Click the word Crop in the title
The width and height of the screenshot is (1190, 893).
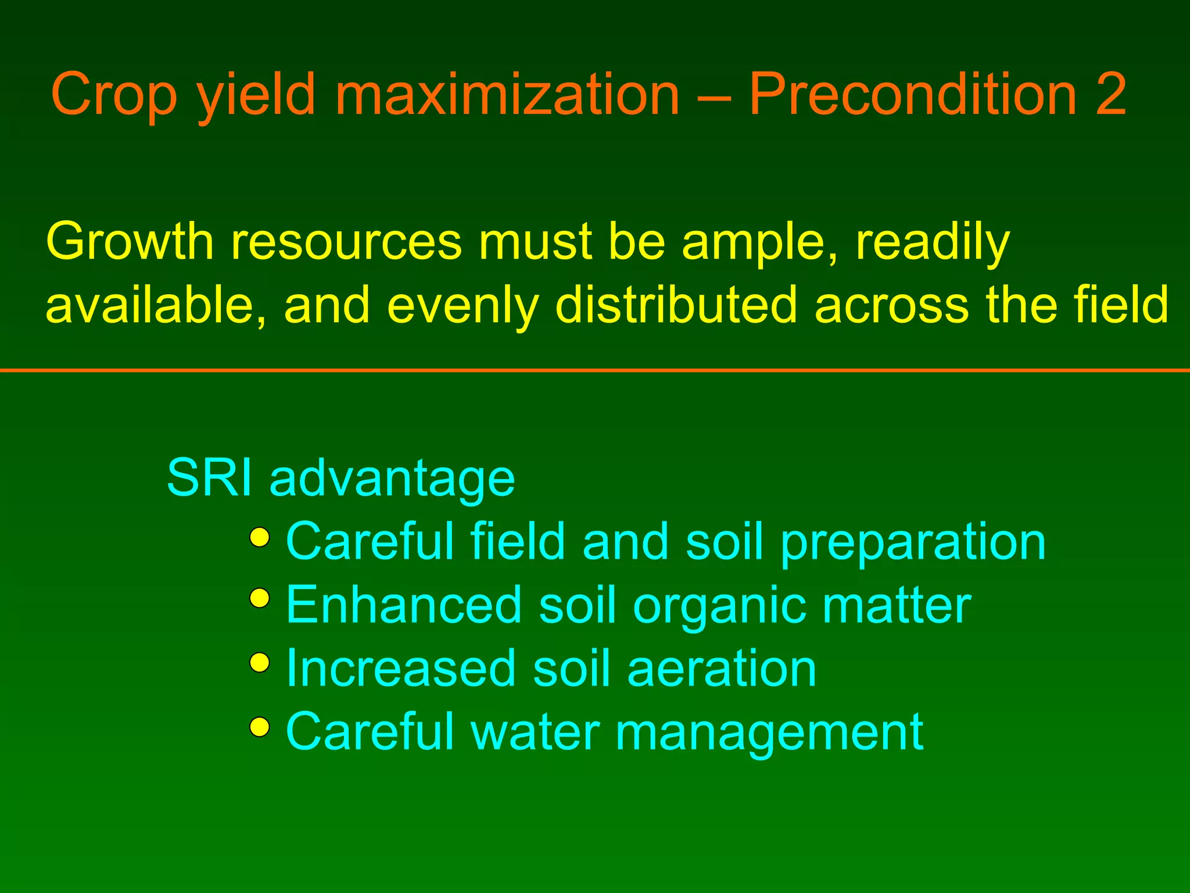(x=114, y=95)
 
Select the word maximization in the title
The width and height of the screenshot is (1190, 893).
(x=507, y=95)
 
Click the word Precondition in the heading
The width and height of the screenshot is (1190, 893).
(x=913, y=95)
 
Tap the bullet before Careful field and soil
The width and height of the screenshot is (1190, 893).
(x=260, y=537)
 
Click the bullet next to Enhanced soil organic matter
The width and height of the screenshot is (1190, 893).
(x=260, y=598)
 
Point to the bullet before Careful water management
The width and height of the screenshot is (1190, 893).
(x=260, y=726)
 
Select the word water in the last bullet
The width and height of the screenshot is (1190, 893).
(x=535, y=733)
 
